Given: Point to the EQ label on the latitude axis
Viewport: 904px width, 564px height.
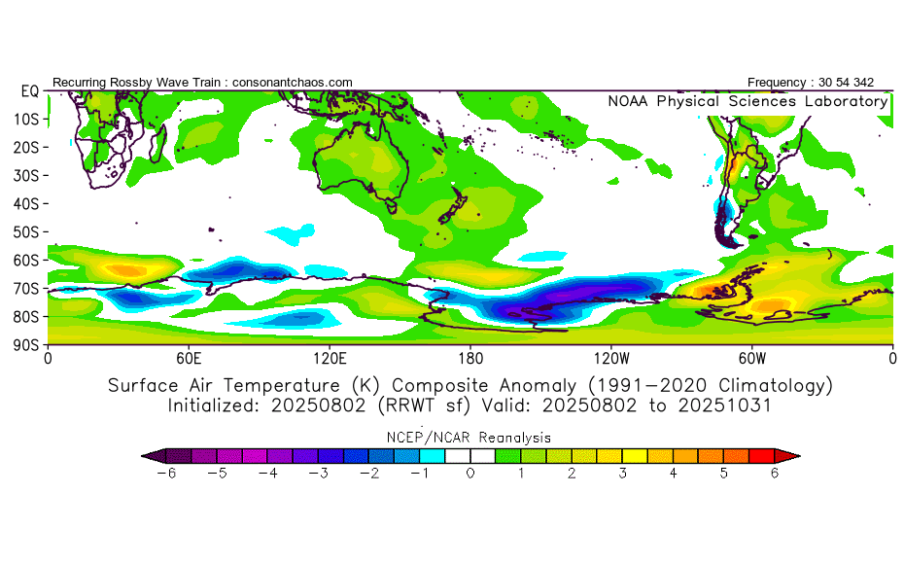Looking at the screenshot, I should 29,90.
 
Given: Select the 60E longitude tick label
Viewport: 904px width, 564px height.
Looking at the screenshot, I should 189,357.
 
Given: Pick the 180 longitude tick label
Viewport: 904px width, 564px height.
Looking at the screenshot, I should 470,357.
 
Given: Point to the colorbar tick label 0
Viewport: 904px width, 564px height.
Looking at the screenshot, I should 470,473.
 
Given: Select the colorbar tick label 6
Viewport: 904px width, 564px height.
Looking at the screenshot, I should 775,473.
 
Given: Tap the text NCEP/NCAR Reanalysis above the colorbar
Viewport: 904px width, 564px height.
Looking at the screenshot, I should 470,437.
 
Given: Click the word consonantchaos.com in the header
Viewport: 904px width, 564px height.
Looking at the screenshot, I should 293,83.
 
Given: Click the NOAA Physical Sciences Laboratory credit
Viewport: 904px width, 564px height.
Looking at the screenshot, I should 748,101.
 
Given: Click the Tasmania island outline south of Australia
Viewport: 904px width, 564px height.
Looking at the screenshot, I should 390,205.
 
